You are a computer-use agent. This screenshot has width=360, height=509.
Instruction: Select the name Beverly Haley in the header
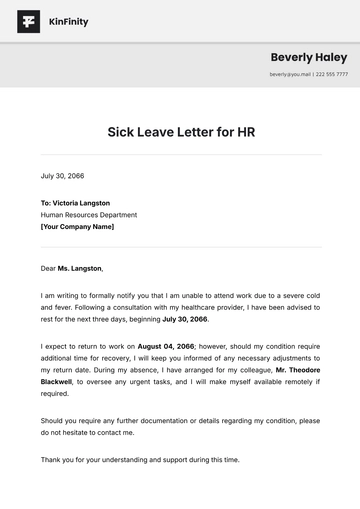[309, 57]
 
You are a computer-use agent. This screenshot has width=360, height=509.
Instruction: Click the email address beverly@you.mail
[290, 74]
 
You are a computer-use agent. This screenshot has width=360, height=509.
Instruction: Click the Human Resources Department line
[89, 215]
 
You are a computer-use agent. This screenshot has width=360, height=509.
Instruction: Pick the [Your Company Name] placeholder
[77, 227]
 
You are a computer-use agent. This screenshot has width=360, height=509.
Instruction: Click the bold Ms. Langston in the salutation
[80, 268]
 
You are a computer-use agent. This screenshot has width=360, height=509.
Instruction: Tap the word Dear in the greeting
[48, 268]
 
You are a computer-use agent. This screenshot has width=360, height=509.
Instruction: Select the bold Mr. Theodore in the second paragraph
[298, 369]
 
